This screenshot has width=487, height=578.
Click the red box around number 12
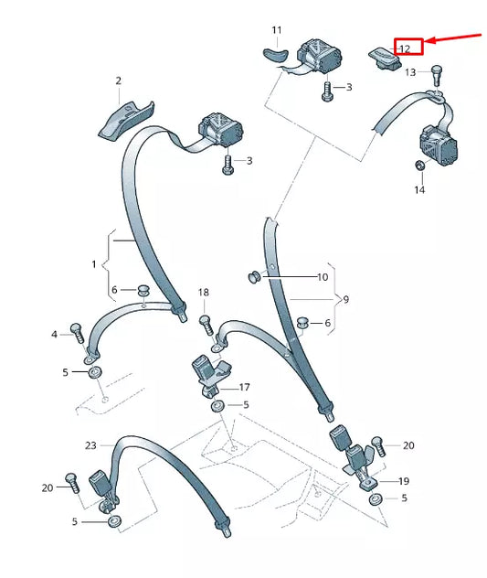[x=408, y=47]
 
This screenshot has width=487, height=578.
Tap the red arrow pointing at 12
[x=453, y=38]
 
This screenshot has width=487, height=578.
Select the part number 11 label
[x=277, y=30]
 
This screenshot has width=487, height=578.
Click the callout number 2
[x=118, y=80]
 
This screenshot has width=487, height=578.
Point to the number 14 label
[x=419, y=190]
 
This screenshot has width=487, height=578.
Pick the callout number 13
[x=410, y=72]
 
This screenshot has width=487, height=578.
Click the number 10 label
[x=323, y=277]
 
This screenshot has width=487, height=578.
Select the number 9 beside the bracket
[x=346, y=299]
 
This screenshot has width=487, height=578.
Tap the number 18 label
[x=204, y=293]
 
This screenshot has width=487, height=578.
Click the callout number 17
[x=245, y=387]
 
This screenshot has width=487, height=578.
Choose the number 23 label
[x=90, y=445]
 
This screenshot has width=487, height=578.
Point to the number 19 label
[x=404, y=481]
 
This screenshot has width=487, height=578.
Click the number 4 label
[x=55, y=335]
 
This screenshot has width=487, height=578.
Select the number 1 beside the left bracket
[x=94, y=264]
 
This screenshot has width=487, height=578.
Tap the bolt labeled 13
[x=436, y=75]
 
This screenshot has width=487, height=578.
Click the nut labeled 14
[x=419, y=166]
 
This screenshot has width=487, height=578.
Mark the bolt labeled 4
[x=77, y=333]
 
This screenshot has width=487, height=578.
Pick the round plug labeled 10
[x=254, y=277]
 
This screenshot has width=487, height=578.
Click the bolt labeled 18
[x=206, y=325]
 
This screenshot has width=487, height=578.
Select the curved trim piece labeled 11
[x=276, y=53]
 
